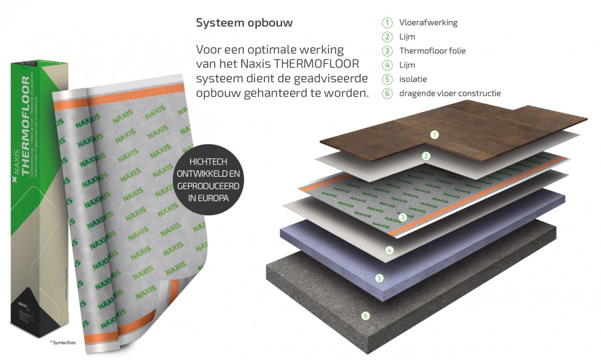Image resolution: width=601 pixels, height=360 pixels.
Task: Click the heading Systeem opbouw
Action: [x=244, y=23]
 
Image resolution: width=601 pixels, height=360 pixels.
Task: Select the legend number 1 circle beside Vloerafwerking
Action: [x=387, y=23]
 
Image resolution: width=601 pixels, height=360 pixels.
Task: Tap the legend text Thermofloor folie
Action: [x=432, y=51]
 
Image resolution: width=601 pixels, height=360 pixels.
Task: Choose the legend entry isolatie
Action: [x=413, y=79]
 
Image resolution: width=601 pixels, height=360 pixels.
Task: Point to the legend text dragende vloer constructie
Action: [x=449, y=93]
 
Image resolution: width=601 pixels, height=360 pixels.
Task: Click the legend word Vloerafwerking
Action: [x=428, y=23]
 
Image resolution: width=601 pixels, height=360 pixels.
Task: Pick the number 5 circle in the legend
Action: [x=387, y=79]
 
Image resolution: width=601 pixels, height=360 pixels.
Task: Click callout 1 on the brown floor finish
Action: [x=434, y=135]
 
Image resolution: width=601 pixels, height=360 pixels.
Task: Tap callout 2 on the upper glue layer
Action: [x=426, y=156]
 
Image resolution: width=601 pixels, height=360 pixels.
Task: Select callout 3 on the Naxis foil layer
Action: [x=402, y=217]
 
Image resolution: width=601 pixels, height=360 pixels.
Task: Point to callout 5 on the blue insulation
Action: [x=379, y=278]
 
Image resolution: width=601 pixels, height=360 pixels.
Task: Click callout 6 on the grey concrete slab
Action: [x=365, y=316]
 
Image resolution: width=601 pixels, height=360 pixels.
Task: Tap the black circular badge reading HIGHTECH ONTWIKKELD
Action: [x=208, y=181]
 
